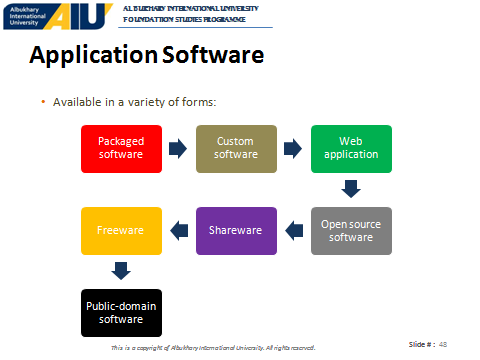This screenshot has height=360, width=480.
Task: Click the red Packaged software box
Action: pyautogui.click(x=121, y=149)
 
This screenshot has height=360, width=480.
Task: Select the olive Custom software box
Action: pyautogui.click(x=236, y=149)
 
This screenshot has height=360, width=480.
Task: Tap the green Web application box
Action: pyautogui.click(x=351, y=149)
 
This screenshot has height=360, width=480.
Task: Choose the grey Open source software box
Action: pyautogui.click(x=351, y=231)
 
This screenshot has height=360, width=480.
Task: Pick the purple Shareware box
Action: pyautogui.click(x=236, y=231)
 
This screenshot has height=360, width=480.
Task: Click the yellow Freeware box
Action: pyautogui.click(x=121, y=231)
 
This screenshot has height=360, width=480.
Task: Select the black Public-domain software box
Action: pyautogui.click(x=121, y=313)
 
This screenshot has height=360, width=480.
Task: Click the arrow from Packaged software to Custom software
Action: pyautogui.click(x=178, y=149)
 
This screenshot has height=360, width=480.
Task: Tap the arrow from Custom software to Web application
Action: pyautogui.click(x=293, y=149)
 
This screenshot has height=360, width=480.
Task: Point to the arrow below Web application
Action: pyautogui.click(x=351, y=189)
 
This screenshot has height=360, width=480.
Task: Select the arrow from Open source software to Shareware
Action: pyautogui.click(x=294, y=231)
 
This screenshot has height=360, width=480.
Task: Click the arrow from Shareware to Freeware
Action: pyautogui.click(x=179, y=231)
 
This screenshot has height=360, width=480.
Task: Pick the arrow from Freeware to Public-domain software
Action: pyautogui.click(x=121, y=271)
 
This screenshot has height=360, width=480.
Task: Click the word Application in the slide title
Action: pyautogui.click(x=94, y=55)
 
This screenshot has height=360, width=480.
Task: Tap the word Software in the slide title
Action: pyautogui.click(x=213, y=55)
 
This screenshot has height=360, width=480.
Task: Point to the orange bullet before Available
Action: pyautogui.click(x=43, y=102)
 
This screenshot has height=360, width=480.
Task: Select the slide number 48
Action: pyautogui.click(x=443, y=344)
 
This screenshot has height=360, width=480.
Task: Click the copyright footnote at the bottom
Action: pyautogui.click(x=213, y=348)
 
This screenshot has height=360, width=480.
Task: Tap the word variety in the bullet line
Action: pyautogui.click(x=146, y=102)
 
